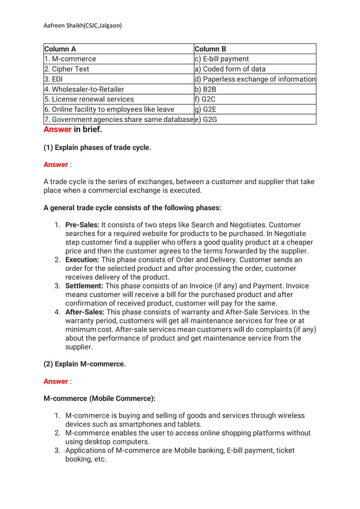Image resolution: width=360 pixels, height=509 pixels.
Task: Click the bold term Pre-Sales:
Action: (x=82, y=225)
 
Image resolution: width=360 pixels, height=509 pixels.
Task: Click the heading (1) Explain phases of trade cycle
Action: (x=97, y=148)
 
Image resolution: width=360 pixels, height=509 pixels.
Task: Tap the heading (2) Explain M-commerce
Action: (x=85, y=364)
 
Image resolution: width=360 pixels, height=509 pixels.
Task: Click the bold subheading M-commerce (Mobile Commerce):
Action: (x=99, y=398)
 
